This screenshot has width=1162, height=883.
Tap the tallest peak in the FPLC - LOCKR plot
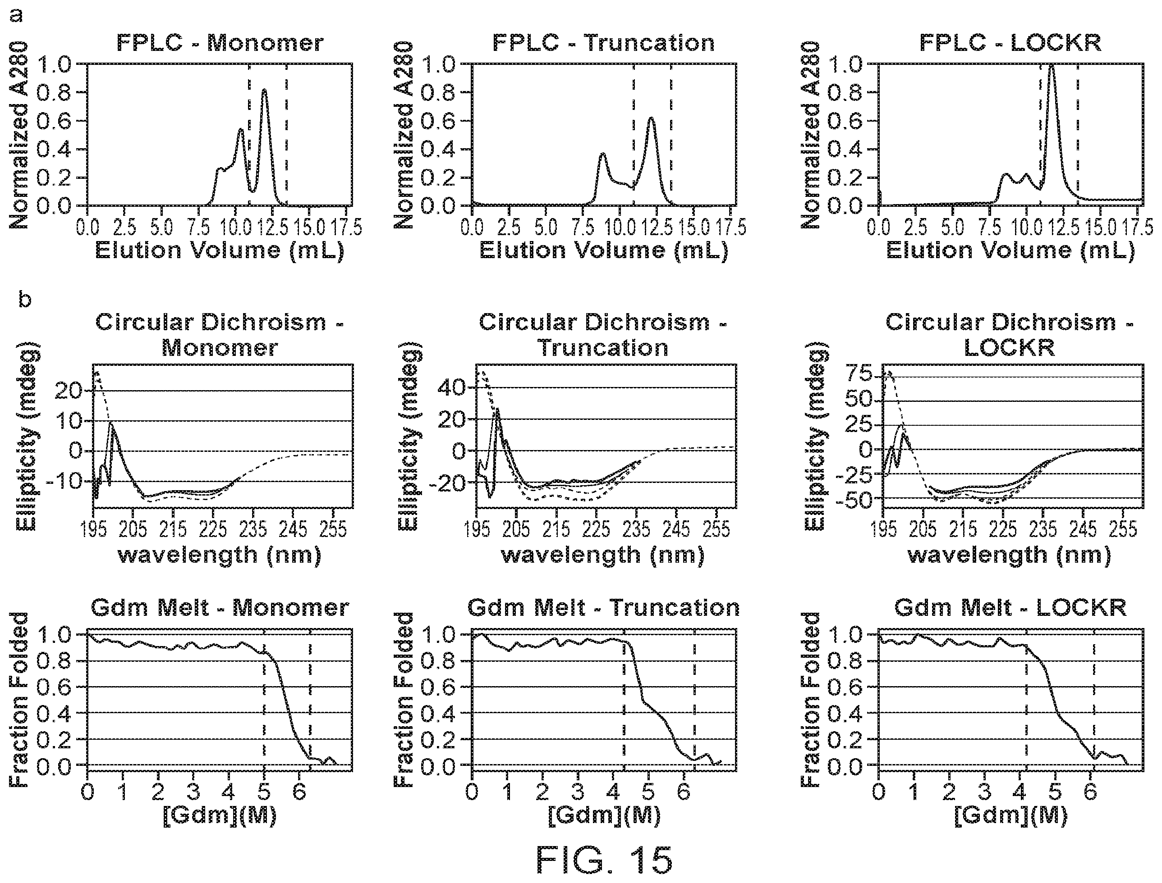tap(1051, 65)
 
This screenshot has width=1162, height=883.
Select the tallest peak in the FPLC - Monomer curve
tap(264, 90)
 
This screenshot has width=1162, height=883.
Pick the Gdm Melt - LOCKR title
tap(1010, 608)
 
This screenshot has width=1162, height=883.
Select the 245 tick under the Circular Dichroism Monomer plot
tap(293, 529)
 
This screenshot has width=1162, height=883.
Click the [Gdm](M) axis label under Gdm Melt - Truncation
tap(604, 815)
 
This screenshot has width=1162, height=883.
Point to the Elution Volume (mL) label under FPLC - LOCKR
tap(1010, 250)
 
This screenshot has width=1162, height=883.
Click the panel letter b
tap(25, 300)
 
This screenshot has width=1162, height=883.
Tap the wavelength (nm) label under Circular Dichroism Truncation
tap(603, 555)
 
